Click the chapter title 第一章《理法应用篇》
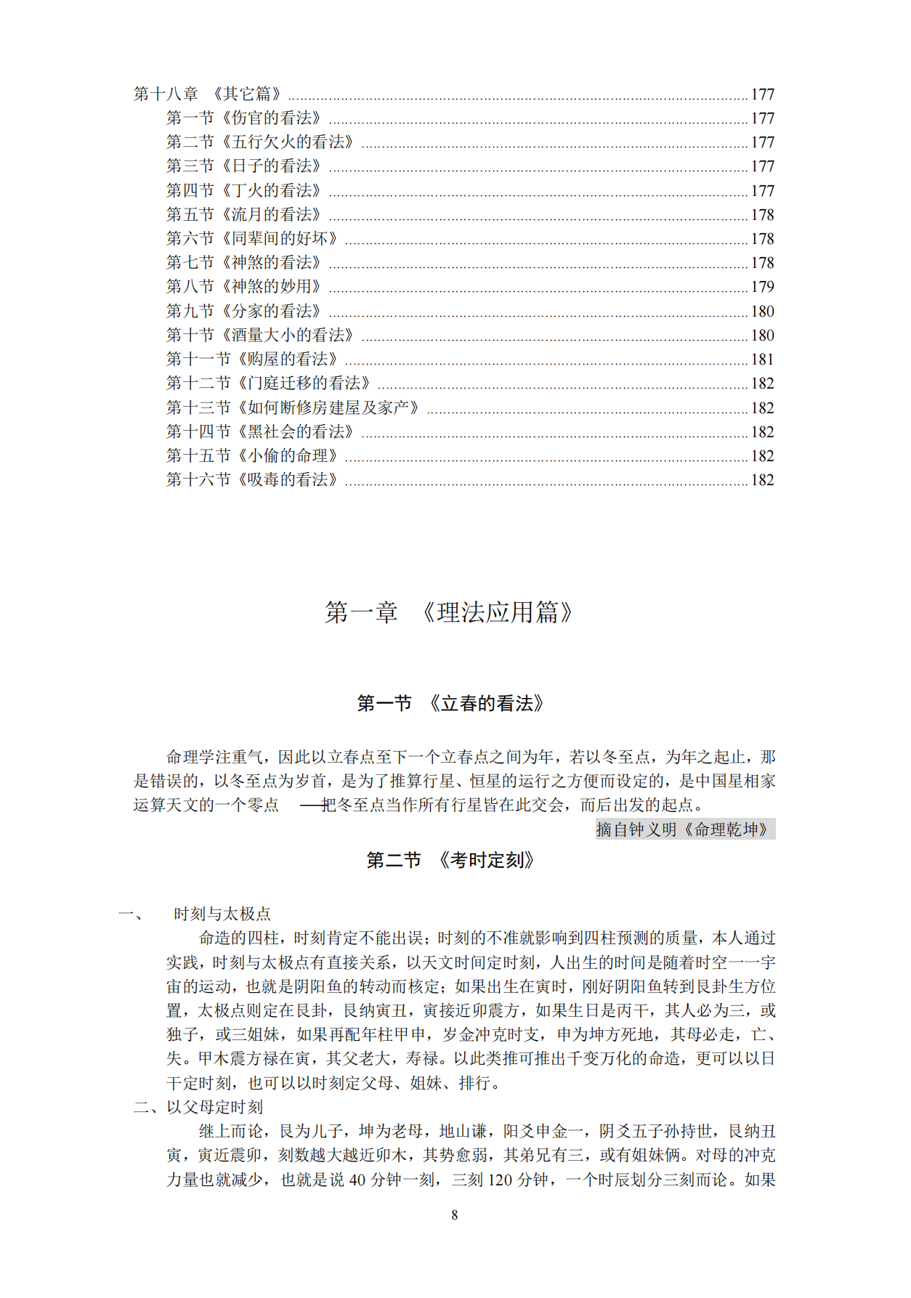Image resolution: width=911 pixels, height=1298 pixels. tap(448, 612)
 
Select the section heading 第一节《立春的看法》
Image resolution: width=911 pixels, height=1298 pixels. tap(450, 703)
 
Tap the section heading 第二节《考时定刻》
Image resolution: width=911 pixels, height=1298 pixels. tap(450, 860)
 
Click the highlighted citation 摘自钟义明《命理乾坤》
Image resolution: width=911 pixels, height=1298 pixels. tap(684, 829)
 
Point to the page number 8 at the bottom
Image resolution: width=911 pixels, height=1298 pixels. tap(455, 1214)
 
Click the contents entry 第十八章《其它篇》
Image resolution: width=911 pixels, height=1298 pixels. tap(208, 94)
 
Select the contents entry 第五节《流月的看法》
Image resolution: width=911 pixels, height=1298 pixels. tap(243, 214)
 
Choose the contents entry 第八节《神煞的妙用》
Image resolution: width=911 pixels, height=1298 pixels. tap(243, 286)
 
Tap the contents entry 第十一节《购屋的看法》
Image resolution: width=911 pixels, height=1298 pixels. tap(252, 359)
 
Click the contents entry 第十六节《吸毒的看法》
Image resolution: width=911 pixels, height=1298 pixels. tap(252, 479)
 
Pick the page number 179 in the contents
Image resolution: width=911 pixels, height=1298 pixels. tap(762, 287)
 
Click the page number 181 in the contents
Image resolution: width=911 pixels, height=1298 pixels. tap(762, 360)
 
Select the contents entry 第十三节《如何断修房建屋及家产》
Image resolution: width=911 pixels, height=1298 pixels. tap(293, 407)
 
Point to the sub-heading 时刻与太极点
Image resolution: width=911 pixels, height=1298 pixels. tap(222, 914)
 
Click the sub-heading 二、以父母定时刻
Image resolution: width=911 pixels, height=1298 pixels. tap(198, 1107)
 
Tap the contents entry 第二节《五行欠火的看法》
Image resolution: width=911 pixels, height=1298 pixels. tap(260, 142)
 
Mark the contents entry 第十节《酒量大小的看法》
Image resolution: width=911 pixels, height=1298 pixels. tap(260, 335)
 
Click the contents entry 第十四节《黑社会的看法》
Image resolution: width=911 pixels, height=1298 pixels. tap(260, 431)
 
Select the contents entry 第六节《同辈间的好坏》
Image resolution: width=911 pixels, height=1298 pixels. tap(252, 238)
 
